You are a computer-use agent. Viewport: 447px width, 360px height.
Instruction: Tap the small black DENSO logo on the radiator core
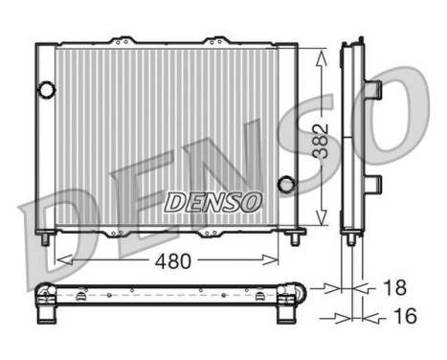click(x=212, y=202)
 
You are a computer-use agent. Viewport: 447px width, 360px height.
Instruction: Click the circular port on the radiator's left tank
click(x=45, y=90)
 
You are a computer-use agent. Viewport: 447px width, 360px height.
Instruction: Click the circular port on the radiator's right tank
click(x=284, y=184)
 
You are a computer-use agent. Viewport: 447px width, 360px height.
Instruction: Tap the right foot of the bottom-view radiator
click(x=286, y=308)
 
